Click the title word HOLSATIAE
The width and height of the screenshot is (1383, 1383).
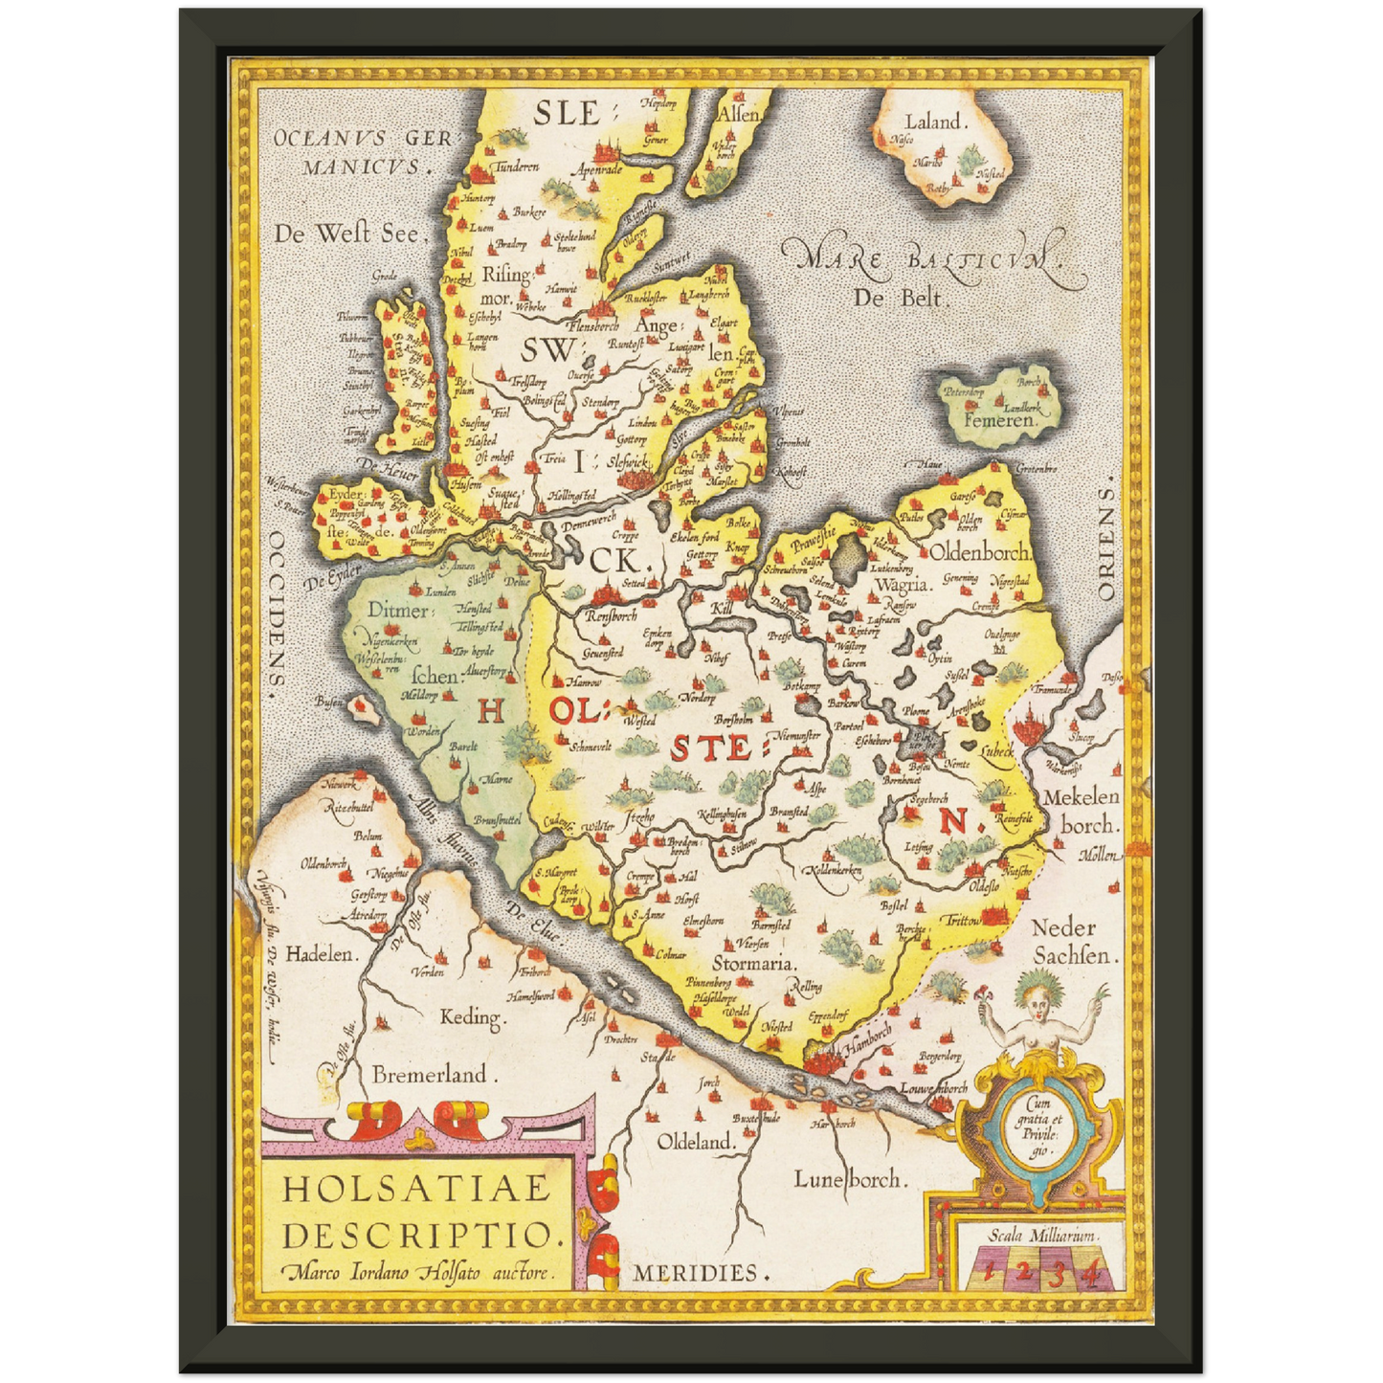click(417, 1188)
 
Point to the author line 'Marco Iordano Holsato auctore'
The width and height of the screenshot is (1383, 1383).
click(418, 1273)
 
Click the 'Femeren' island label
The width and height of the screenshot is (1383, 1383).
click(999, 419)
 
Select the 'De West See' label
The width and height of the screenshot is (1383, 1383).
click(346, 233)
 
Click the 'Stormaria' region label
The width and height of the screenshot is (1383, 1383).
click(754, 963)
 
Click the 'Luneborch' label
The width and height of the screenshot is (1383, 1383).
click(848, 1179)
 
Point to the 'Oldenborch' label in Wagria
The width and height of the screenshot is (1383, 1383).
click(979, 552)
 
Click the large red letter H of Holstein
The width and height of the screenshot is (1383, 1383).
click(490, 710)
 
